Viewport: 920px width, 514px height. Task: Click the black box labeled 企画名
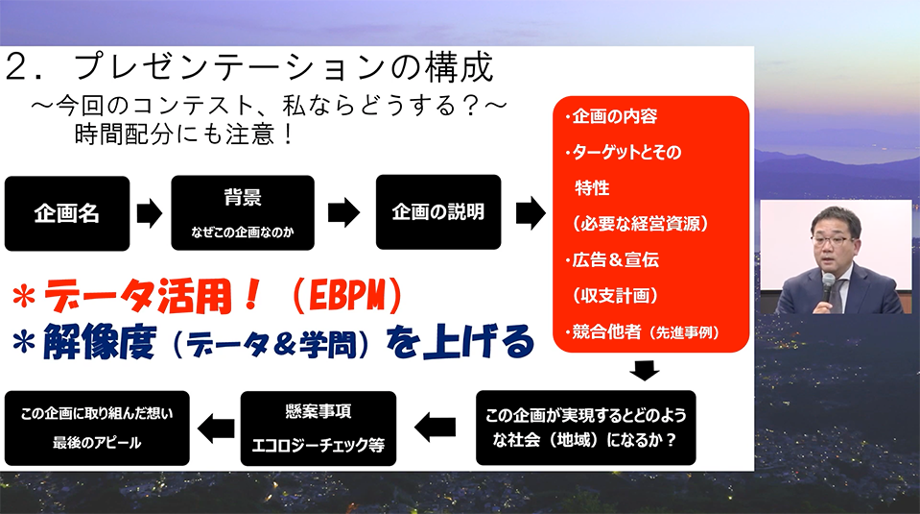coord(67,213)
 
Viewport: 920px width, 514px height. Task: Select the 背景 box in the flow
coord(243,212)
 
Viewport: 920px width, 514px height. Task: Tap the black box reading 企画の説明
coord(438,212)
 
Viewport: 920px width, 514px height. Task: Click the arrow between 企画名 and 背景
coord(150,212)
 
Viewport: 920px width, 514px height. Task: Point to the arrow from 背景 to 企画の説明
coord(343,212)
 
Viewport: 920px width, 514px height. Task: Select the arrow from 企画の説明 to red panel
coord(531,212)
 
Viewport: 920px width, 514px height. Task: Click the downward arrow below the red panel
coord(645,371)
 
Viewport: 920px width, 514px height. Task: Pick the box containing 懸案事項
coord(318,428)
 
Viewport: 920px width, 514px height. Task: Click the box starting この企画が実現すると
coord(585,428)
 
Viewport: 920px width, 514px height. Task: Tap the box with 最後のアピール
coord(97,428)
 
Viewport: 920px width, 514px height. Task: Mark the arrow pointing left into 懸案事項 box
coord(435,428)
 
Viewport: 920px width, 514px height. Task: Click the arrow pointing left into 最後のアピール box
coord(216,428)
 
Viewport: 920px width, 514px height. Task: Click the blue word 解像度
coord(99,341)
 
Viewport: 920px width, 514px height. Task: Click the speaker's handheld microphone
coord(828,289)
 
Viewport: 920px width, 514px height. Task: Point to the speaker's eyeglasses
coord(830,240)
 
